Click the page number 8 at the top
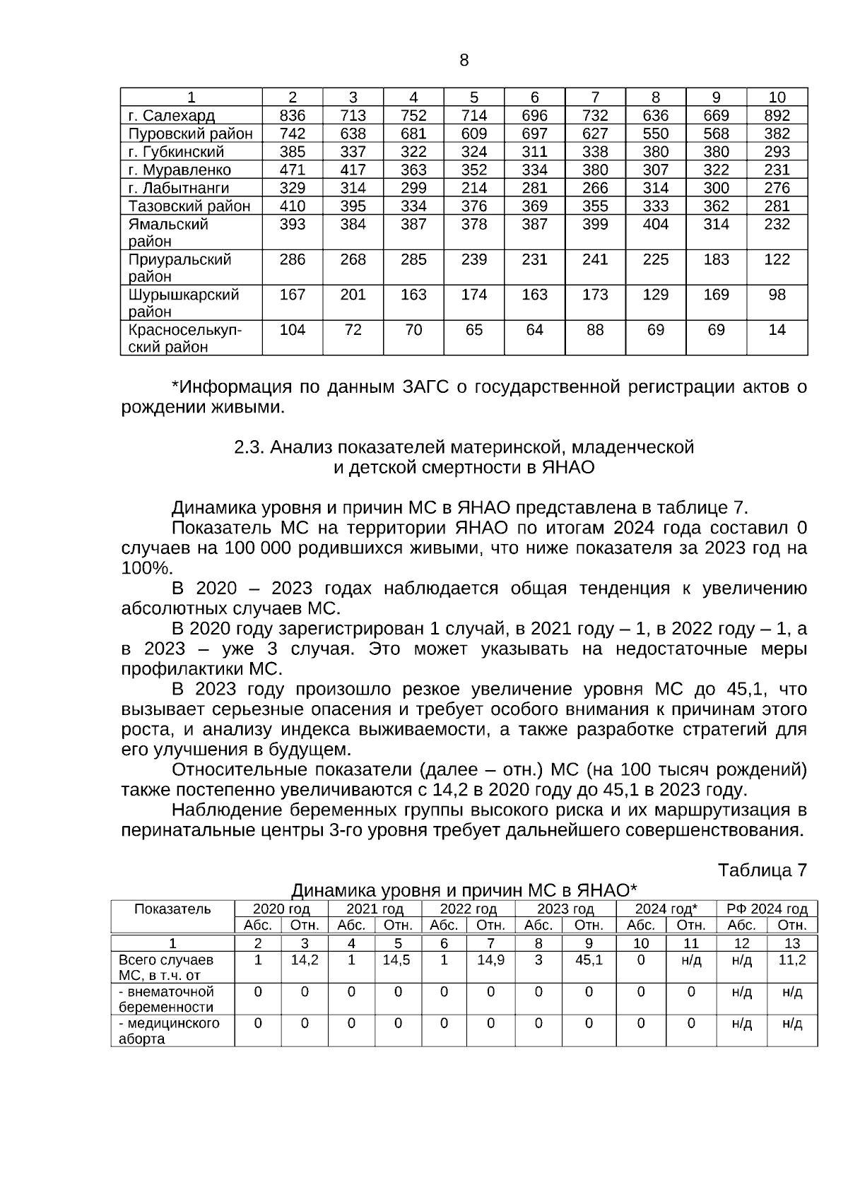click(x=464, y=61)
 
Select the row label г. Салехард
click(x=172, y=116)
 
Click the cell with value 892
click(x=777, y=116)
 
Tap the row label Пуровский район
click(x=190, y=134)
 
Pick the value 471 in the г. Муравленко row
click(x=293, y=170)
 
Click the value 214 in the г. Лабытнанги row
click(x=474, y=188)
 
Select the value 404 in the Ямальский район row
click(x=655, y=224)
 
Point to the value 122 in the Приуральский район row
click(x=777, y=259)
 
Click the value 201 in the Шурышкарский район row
click(x=353, y=295)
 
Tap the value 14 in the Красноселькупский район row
click(x=777, y=330)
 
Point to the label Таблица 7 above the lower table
click(x=762, y=870)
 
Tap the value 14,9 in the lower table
click(x=490, y=960)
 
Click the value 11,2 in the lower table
click(x=791, y=960)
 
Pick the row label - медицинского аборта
click(x=169, y=1031)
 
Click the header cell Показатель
click(x=172, y=909)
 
